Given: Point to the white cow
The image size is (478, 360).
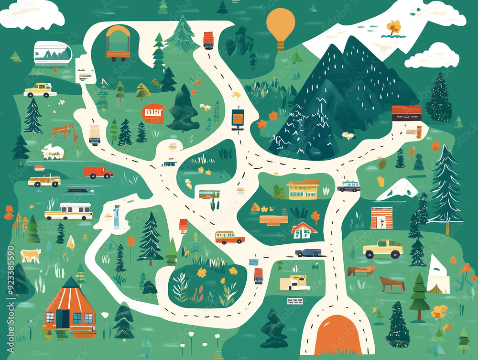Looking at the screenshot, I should [31, 255].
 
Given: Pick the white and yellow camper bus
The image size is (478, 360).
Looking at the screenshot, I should [69, 211].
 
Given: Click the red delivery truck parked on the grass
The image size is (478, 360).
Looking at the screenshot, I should [98, 172].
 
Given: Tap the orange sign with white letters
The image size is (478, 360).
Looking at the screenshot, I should [153, 114].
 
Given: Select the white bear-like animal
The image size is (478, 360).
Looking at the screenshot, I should [52, 151].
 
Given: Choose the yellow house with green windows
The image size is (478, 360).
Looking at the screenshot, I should [303, 189].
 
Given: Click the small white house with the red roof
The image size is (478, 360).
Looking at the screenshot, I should [304, 230].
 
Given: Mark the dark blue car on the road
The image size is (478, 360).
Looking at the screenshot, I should [307, 252].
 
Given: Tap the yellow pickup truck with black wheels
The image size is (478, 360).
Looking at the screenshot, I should [382, 249].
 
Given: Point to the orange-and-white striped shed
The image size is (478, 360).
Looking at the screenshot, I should [381, 218].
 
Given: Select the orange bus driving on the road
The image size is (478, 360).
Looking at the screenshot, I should [229, 237].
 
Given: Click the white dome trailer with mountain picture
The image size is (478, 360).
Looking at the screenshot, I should [52, 53].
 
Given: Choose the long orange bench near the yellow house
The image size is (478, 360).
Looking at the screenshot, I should [274, 219].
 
